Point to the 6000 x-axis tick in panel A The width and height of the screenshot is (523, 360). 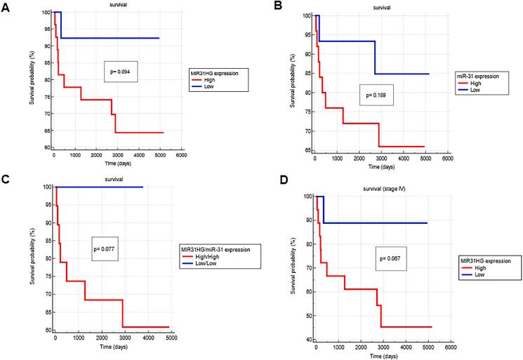pyautogui.click(x=182, y=155)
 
